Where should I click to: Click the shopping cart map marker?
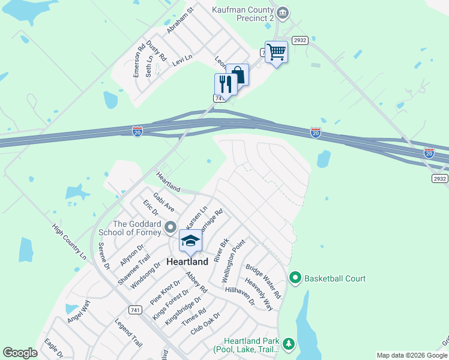point(276,52)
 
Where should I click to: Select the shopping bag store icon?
point(238,74)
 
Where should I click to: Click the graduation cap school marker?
point(190,241)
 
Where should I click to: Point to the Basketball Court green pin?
point(295,278)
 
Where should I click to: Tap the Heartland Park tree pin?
point(289,343)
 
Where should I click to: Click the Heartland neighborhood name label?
point(187,262)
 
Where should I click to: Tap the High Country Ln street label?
point(69,242)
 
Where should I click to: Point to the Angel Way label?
point(78,311)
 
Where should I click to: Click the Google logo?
point(20,353)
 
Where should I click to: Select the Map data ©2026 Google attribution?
point(411,355)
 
